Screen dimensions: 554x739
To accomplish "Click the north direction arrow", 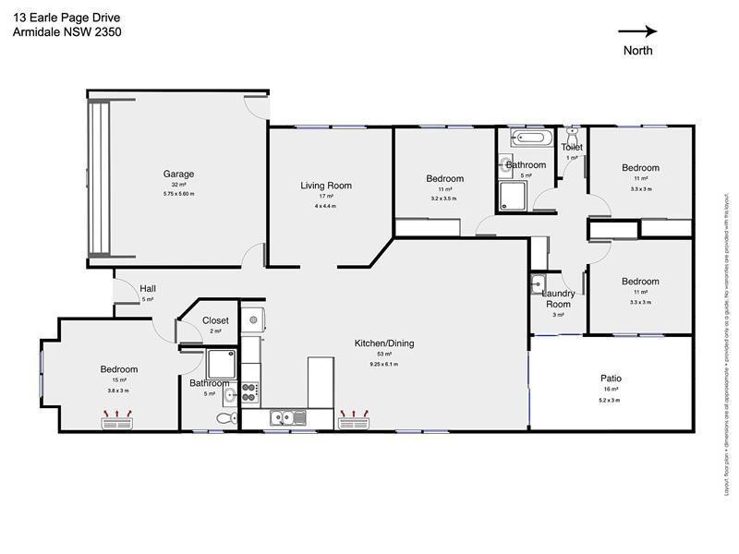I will pos(637,31).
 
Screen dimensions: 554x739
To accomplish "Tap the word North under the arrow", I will pos(637,51).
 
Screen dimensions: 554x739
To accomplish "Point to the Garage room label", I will pos(178,174).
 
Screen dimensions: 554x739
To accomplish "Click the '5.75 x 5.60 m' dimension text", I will pos(178,195).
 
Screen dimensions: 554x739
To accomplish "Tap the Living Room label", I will pos(326,186).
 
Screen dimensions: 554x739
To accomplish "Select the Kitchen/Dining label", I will pos(384,343).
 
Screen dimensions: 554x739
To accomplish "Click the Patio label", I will pos(611,379).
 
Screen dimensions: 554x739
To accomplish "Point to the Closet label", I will pos(215,320).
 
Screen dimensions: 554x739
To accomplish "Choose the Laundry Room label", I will pos(558,299).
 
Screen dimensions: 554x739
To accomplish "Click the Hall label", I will pos(148,289).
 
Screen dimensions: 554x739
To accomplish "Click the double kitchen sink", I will pos(288,418).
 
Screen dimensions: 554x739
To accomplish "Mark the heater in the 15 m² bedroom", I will pos(115,423).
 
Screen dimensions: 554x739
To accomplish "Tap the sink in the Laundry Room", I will pos(539,283).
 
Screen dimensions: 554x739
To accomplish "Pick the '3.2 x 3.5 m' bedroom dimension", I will pos(444,199).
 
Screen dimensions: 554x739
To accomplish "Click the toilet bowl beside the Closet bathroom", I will pos(224,418).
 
